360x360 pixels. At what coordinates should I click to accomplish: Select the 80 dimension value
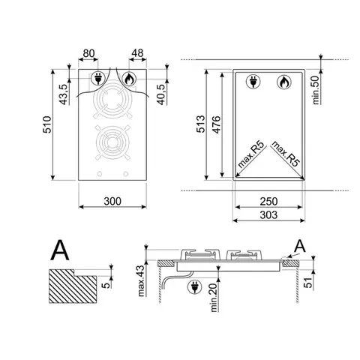tap(88, 53)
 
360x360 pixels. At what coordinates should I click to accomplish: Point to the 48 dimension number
tap(137, 53)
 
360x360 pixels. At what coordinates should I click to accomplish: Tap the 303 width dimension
tap(268, 215)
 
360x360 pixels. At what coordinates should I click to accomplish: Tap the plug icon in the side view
tap(196, 286)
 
